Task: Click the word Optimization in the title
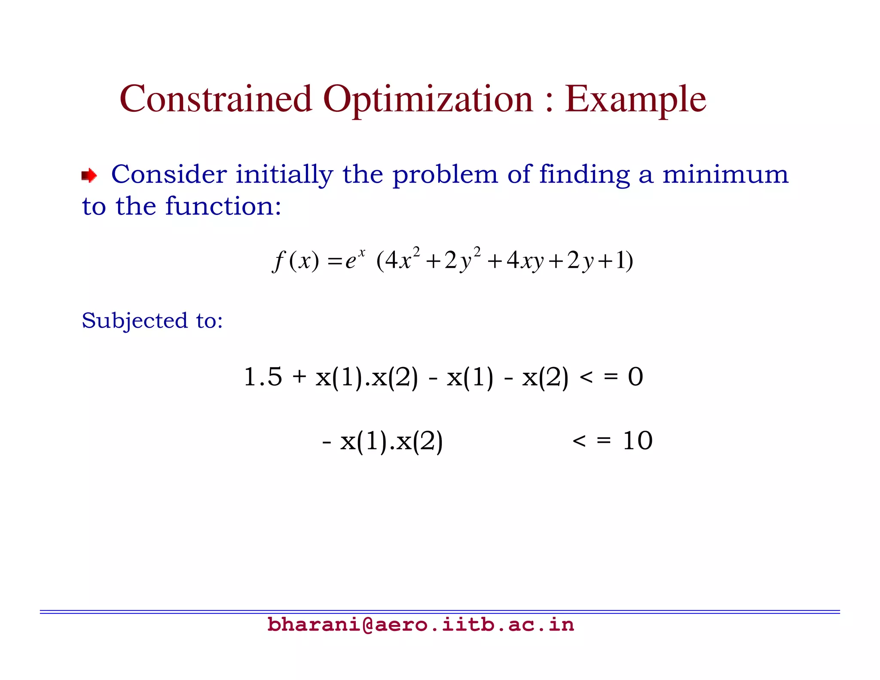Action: coord(428,100)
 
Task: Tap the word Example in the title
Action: coord(635,100)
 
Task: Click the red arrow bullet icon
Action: coord(89,175)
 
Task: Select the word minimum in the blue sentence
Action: coord(725,175)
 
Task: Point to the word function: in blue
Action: coord(223,206)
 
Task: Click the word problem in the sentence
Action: coord(445,175)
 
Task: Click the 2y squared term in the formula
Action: coord(462,259)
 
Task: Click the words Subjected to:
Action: coord(152,321)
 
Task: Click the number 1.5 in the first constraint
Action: coord(263,377)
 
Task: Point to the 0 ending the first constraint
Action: coord(635,377)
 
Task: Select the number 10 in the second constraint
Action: coord(637,441)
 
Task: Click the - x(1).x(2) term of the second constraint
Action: coord(382,441)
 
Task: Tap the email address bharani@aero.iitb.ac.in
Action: coord(420,625)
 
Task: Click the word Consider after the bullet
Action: coord(168,175)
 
